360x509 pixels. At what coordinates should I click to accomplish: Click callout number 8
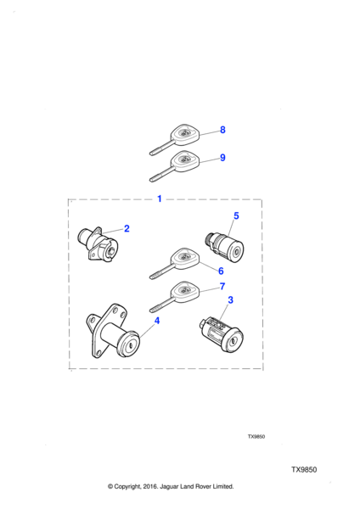pyautogui.click(x=222, y=130)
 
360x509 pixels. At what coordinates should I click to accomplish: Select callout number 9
pyautogui.click(x=222, y=158)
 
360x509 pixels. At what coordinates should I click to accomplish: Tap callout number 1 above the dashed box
pyautogui.click(x=160, y=199)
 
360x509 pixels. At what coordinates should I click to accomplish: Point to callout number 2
pyautogui.click(x=127, y=228)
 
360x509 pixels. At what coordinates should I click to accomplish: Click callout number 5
pyautogui.click(x=236, y=215)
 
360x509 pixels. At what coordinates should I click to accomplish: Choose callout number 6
pyautogui.click(x=221, y=271)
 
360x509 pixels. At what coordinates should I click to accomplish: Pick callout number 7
pyautogui.click(x=222, y=287)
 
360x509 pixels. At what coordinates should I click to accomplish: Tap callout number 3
pyautogui.click(x=230, y=300)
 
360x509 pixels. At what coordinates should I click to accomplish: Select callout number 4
pyautogui.click(x=157, y=321)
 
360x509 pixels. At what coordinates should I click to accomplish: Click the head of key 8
pyautogui.click(x=184, y=134)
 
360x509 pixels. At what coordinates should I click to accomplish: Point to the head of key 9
pyautogui.click(x=184, y=161)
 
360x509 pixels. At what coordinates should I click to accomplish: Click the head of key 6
pyautogui.click(x=184, y=259)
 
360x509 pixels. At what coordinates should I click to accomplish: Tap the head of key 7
pyautogui.click(x=184, y=292)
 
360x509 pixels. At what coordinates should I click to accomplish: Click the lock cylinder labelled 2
pyautogui.click(x=98, y=244)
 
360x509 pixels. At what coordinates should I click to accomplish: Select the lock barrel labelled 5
pyautogui.click(x=225, y=247)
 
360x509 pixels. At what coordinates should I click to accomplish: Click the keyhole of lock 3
pyautogui.click(x=232, y=341)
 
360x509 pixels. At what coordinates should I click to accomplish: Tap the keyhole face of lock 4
pyautogui.click(x=130, y=344)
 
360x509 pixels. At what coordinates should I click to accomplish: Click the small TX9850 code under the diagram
pyautogui.click(x=256, y=437)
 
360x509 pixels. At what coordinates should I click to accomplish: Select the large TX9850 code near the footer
pyautogui.click(x=304, y=470)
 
